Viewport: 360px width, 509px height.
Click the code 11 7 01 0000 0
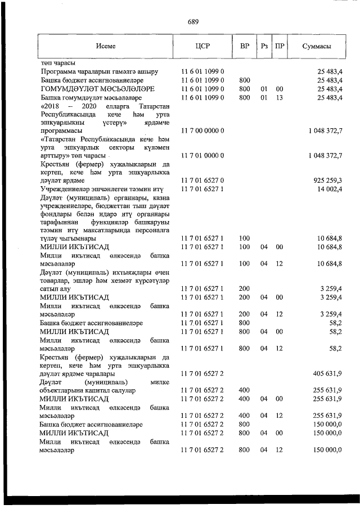[x=202, y=155]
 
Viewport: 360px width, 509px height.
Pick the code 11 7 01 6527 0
[x=202, y=180]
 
